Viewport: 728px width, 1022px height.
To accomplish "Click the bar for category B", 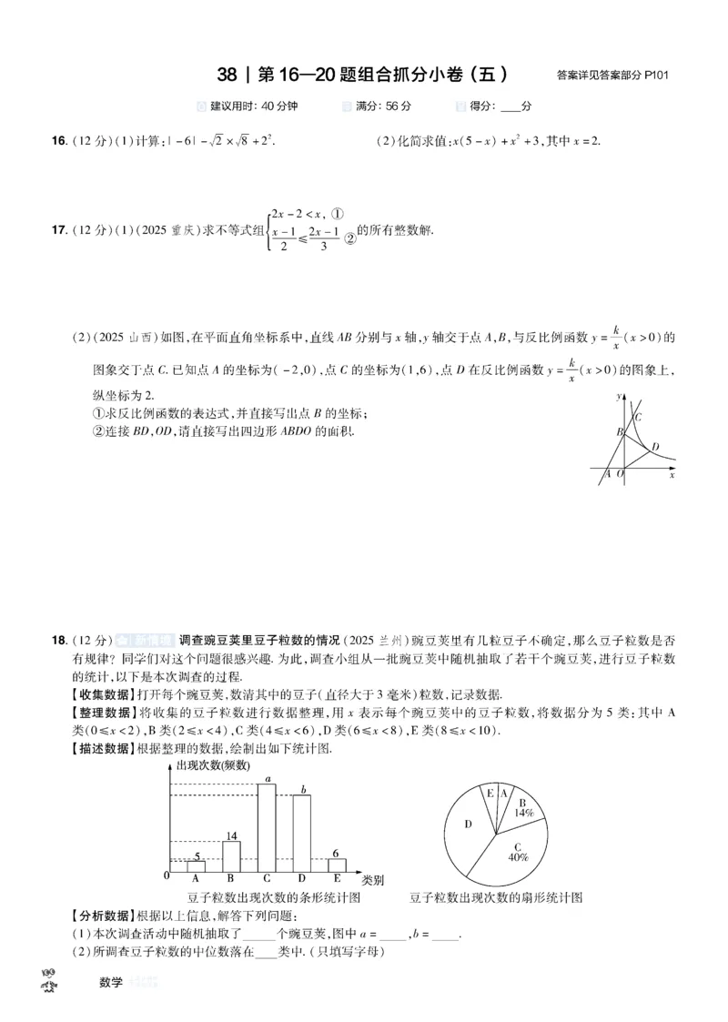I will [x=232, y=856].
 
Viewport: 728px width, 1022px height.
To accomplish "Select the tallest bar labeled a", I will [x=268, y=826].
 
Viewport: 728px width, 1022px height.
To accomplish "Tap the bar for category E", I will [x=337, y=865].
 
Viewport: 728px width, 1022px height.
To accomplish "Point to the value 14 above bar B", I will [x=231, y=835].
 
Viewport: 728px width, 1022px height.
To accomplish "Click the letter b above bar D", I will [x=303, y=789].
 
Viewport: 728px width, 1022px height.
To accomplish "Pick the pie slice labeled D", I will [x=468, y=824].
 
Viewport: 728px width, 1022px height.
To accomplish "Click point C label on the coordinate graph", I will [x=639, y=417].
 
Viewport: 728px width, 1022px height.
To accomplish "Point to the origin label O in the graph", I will [x=621, y=474].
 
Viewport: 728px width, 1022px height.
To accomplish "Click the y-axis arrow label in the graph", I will [x=619, y=396].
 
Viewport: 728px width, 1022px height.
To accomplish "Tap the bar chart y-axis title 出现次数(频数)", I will [x=210, y=765].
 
